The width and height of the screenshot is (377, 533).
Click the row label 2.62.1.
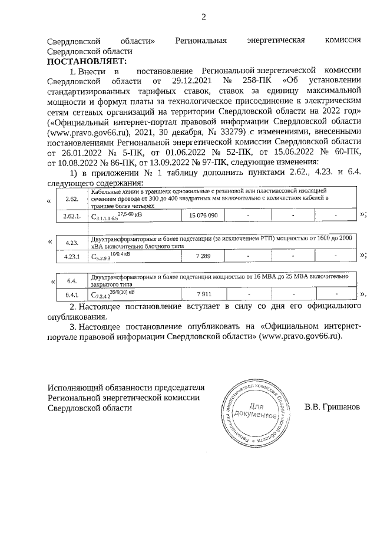[71, 216]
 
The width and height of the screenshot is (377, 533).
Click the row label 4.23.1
[71, 256]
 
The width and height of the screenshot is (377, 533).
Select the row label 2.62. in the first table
[71, 199]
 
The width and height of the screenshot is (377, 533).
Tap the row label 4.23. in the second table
[72, 242]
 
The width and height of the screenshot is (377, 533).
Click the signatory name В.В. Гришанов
[332, 407]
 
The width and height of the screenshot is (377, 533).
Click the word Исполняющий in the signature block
[75, 388]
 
